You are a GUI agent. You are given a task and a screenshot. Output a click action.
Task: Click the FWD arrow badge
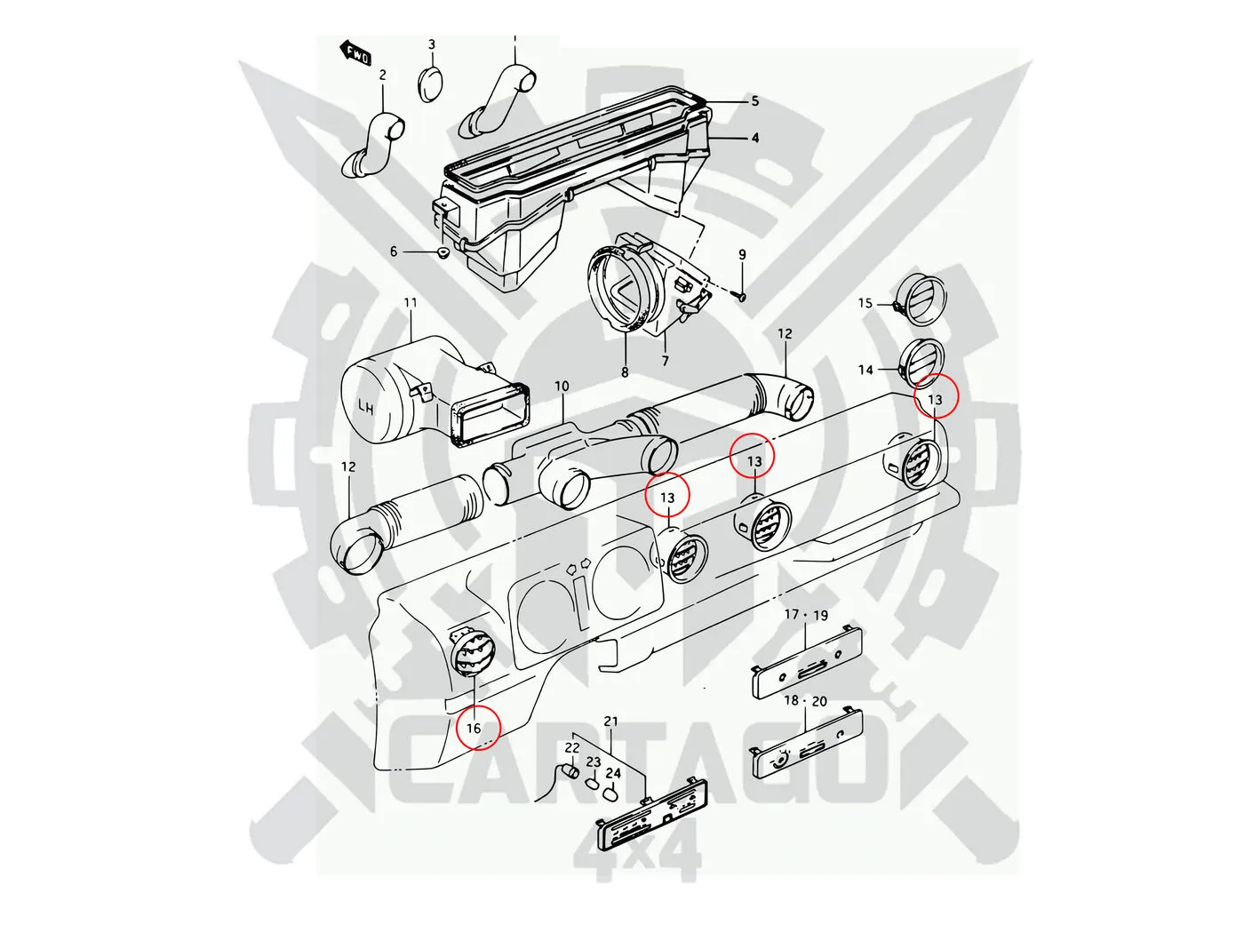click(x=355, y=53)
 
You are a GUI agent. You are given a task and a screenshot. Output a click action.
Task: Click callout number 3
click(x=431, y=44)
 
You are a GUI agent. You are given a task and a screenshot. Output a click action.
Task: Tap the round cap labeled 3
click(x=432, y=84)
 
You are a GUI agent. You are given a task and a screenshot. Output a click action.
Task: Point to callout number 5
click(x=754, y=100)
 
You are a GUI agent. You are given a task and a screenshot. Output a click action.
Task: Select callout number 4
click(x=754, y=138)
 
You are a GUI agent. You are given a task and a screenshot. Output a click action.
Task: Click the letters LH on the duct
click(x=367, y=407)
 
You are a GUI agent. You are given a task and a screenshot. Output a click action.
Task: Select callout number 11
click(x=411, y=302)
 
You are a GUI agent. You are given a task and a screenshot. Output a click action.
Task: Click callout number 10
click(x=561, y=387)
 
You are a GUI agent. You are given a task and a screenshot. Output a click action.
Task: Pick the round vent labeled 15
click(x=922, y=298)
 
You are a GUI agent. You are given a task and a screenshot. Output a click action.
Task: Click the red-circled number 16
click(x=474, y=728)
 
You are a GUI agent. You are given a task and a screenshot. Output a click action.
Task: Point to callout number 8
click(x=625, y=372)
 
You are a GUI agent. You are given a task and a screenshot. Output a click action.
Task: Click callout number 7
click(x=665, y=361)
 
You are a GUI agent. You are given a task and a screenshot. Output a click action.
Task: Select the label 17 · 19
click(x=806, y=615)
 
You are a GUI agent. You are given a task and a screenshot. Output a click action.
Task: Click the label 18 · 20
click(x=805, y=701)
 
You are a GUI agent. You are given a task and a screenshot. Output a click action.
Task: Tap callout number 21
click(x=610, y=722)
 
